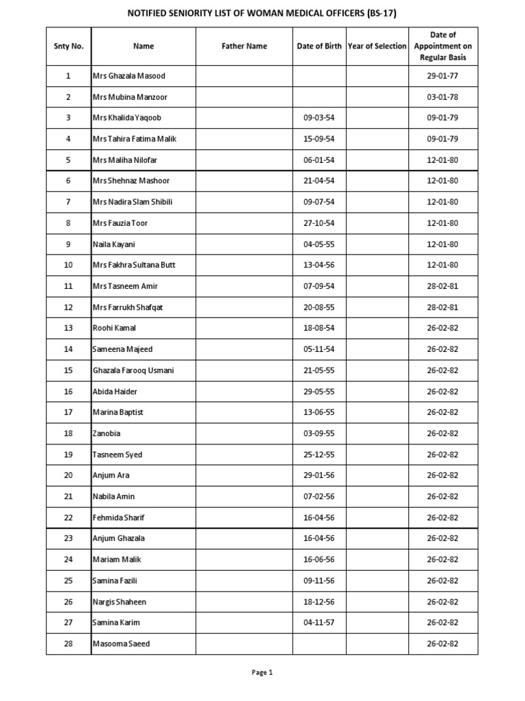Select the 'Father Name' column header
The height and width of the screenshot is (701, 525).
[x=244, y=46]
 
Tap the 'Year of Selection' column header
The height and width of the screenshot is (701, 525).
[x=377, y=46]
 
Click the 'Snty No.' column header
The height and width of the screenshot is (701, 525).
[x=68, y=46]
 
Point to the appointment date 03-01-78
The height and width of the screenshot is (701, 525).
[x=442, y=97]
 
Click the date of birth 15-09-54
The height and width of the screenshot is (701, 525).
[x=319, y=139]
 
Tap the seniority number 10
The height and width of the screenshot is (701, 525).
[x=68, y=265]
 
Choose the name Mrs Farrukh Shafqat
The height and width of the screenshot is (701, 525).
[x=128, y=307]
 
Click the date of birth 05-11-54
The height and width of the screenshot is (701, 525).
[x=319, y=349]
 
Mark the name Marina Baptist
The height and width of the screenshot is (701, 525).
[x=118, y=412]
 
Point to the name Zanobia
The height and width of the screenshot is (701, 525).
[x=107, y=433]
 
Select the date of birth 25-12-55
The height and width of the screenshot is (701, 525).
[x=319, y=455]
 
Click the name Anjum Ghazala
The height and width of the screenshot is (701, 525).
[x=118, y=538]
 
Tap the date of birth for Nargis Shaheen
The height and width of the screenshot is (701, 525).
[x=319, y=602]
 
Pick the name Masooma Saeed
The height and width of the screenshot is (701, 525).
[x=121, y=643]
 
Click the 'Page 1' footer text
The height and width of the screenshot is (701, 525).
[x=262, y=672]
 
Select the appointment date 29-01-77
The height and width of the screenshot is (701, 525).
[x=442, y=75]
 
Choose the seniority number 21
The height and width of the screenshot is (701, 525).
[x=68, y=496]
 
